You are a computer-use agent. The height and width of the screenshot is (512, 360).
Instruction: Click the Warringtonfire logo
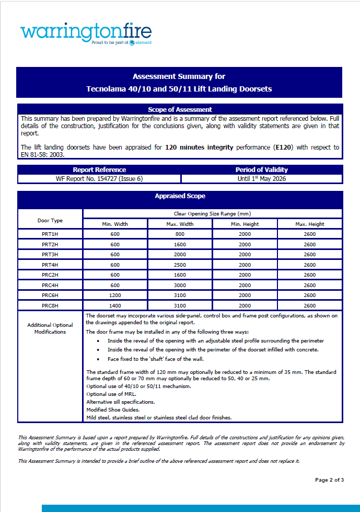pyautogui.click(x=86, y=33)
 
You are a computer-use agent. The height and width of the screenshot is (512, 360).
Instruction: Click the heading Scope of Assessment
pyautogui.click(x=180, y=109)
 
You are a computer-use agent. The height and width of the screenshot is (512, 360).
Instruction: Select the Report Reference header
pyautogui.click(x=99, y=169)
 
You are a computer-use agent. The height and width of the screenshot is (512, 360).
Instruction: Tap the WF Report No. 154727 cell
pyautogui.click(x=99, y=179)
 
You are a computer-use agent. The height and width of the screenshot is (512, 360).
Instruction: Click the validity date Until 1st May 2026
pyautogui.click(x=262, y=179)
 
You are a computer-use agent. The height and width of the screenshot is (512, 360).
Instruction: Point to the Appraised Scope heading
pyautogui.click(x=180, y=196)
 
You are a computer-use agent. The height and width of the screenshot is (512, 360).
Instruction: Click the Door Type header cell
pyautogui.click(x=50, y=220)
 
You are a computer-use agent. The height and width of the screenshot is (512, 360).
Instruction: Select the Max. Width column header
pyautogui.click(x=180, y=224)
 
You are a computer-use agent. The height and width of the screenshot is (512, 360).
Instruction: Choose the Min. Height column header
pyautogui.click(x=245, y=224)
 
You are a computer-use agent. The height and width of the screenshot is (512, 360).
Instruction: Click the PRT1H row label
pyautogui.click(x=50, y=234)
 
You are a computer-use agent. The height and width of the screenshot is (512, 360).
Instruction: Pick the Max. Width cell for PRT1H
pyautogui.click(x=180, y=234)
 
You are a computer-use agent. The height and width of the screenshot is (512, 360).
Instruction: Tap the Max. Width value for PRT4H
pyautogui.click(x=180, y=265)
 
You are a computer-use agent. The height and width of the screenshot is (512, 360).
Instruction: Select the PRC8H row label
pyautogui.click(x=50, y=305)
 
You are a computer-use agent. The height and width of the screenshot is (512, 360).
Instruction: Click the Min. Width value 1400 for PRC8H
pyautogui.click(x=115, y=305)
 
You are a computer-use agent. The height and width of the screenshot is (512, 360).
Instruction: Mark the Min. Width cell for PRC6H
pyautogui.click(x=115, y=295)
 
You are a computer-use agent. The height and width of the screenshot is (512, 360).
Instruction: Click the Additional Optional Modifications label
pyautogui.click(x=50, y=328)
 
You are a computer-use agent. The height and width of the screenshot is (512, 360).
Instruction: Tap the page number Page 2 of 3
pyautogui.click(x=329, y=480)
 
